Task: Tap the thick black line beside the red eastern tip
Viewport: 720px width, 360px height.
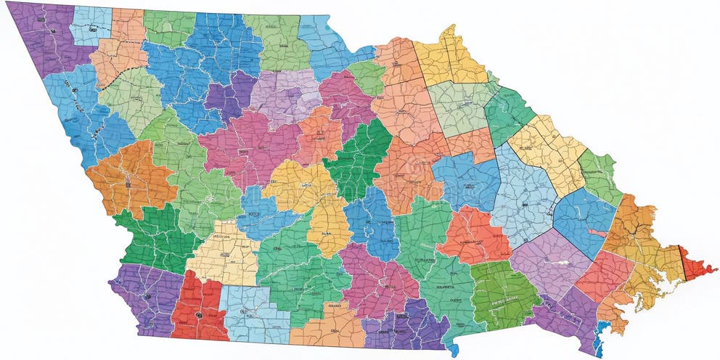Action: point(682,263)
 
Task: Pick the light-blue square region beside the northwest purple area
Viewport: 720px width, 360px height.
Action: point(91,25)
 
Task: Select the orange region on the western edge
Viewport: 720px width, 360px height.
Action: point(131,178)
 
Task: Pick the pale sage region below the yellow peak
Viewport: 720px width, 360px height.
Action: point(461,109)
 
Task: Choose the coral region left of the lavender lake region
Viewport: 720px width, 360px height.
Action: point(475,236)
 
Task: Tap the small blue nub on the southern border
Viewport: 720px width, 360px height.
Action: point(454,349)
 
